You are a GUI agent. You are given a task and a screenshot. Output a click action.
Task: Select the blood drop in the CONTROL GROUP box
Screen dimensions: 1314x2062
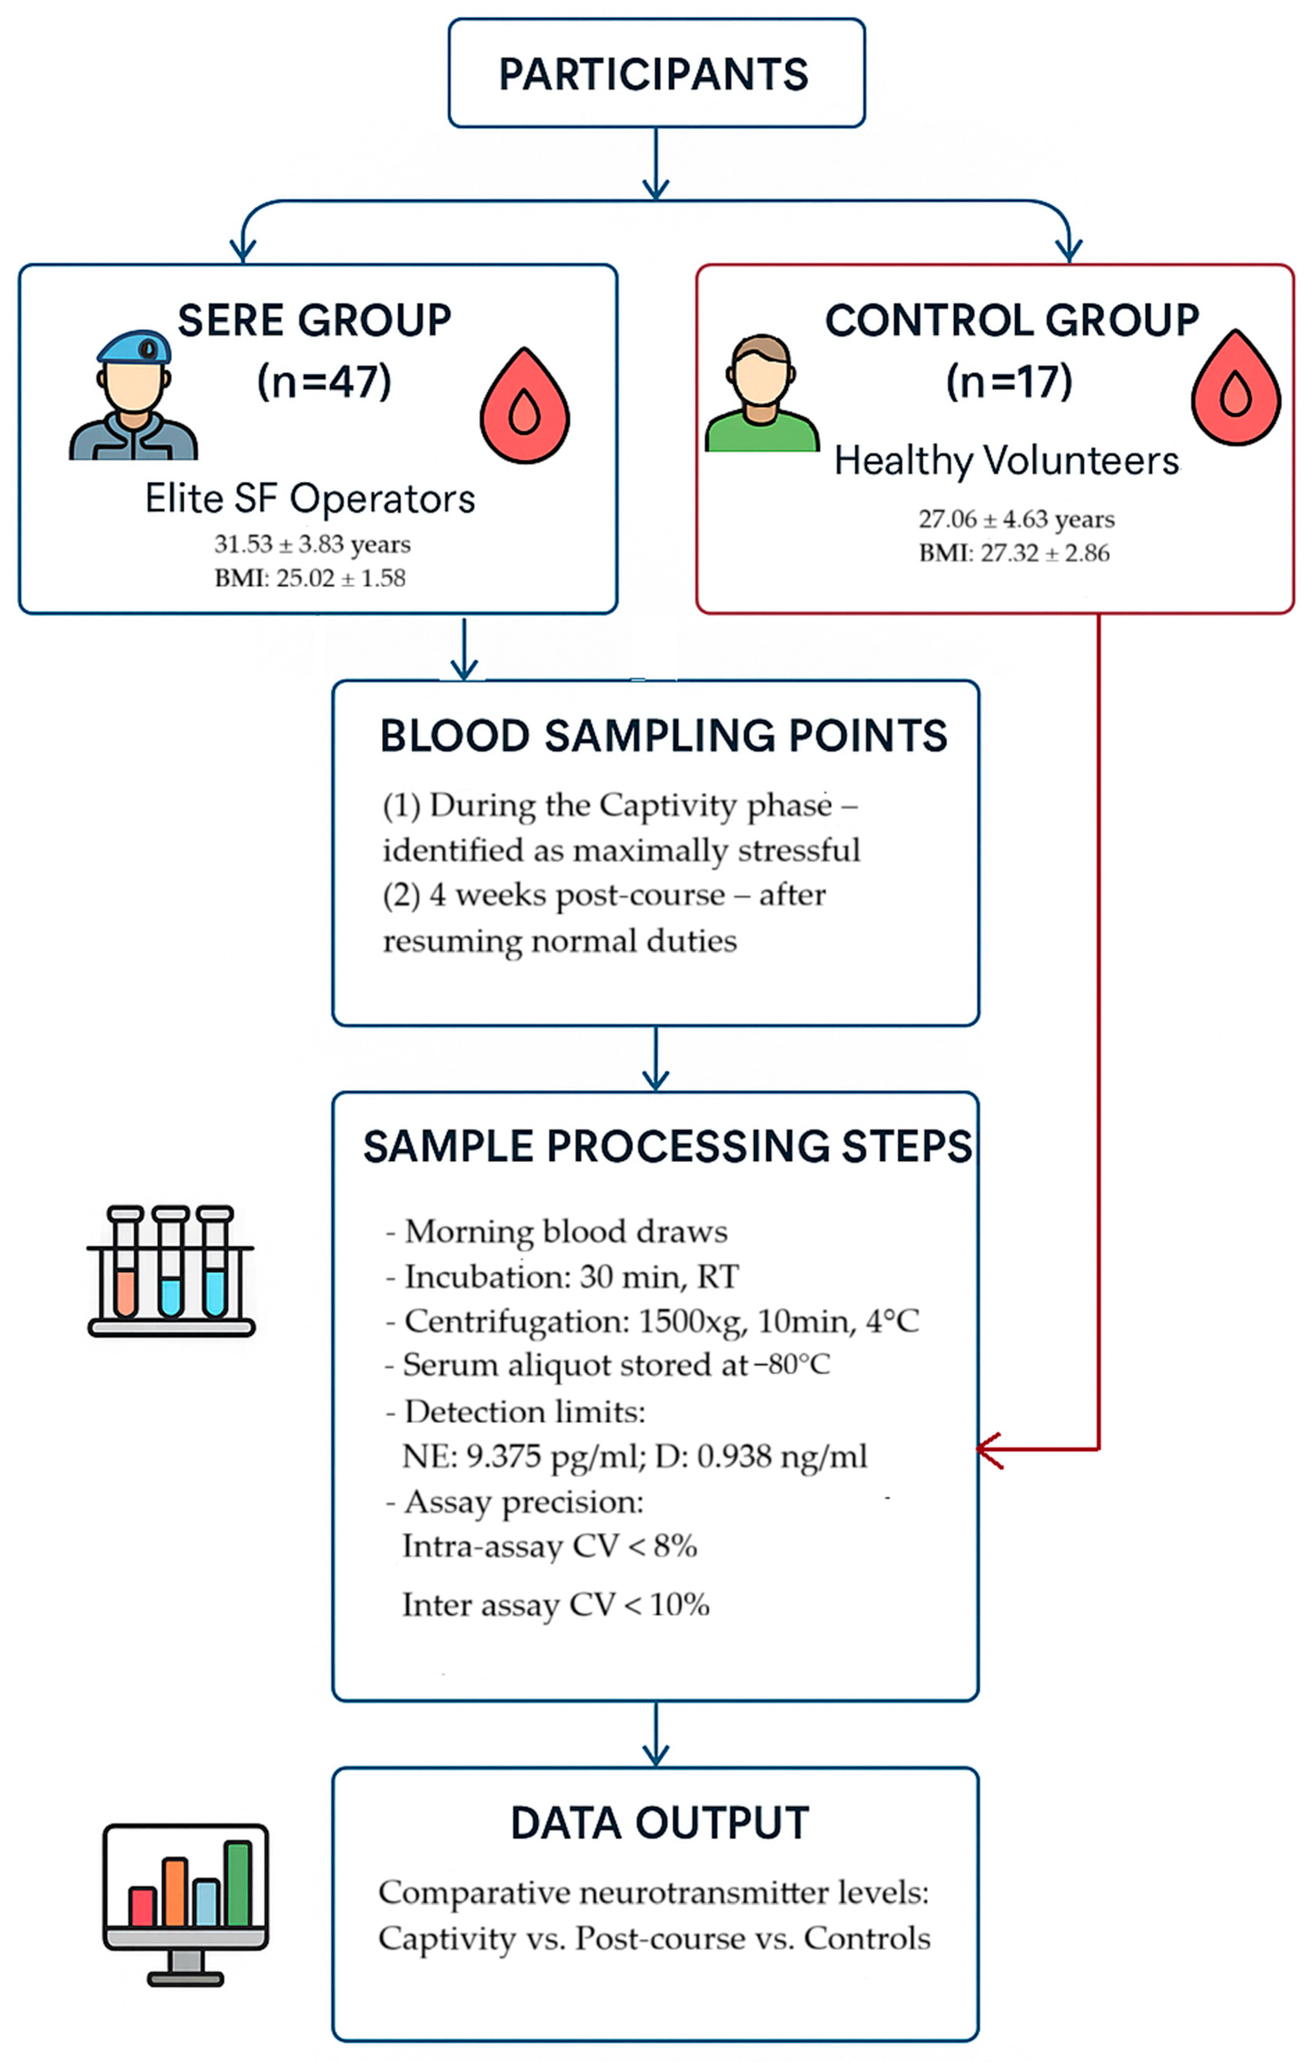point(1236,387)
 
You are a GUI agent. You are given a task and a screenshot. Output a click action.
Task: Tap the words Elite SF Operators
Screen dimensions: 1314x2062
point(310,498)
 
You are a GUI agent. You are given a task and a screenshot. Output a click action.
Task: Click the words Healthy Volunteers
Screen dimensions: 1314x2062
point(1007,461)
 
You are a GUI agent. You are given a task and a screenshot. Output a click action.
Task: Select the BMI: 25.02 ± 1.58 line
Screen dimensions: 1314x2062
point(310,578)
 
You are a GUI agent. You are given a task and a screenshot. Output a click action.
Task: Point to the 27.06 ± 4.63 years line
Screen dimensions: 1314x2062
point(1016,519)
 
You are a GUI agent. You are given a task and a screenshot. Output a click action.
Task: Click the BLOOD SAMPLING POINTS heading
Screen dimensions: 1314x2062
point(664,736)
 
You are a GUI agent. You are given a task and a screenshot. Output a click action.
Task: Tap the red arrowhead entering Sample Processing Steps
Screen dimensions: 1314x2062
point(990,1450)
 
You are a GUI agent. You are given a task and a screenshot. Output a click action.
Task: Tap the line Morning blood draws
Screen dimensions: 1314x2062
point(556,1231)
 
